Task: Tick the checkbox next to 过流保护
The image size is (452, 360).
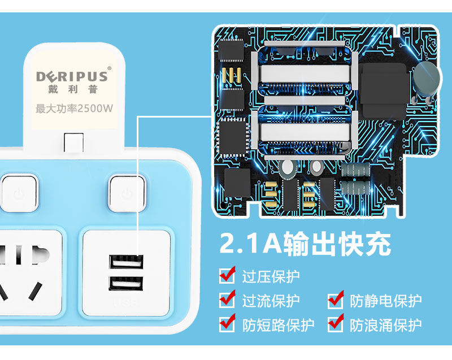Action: (227, 300)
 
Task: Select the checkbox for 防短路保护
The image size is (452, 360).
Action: (227, 324)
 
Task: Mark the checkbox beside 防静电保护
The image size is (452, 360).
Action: (336, 300)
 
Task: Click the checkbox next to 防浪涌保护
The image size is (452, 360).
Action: (336, 324)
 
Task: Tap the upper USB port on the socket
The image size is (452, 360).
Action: (125, 263)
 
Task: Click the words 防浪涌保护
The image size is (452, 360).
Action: (385, 324)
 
